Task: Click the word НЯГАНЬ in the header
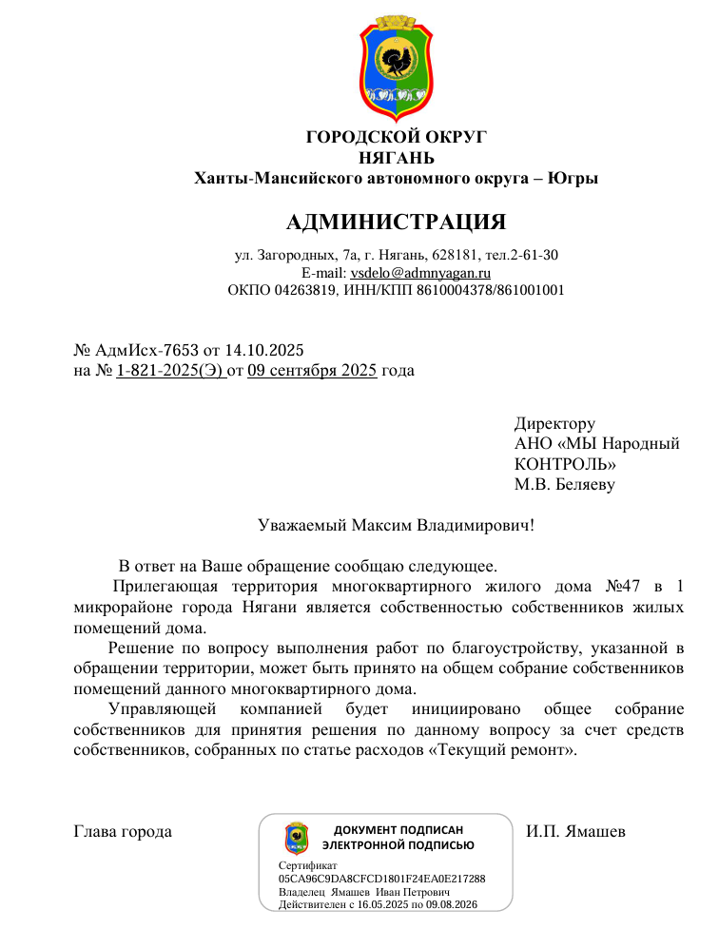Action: [x=396, y=157]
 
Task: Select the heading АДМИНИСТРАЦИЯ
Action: [x=396, y=223]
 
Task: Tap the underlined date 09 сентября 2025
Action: [x=312, y=370]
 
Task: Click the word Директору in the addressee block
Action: [x=554, y=423]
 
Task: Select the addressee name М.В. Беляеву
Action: [x=564, y=484]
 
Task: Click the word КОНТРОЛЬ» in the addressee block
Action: [x=565, y=464]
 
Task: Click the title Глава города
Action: [x=123, y=832]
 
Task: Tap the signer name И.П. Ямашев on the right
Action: [x=575, y=832]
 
